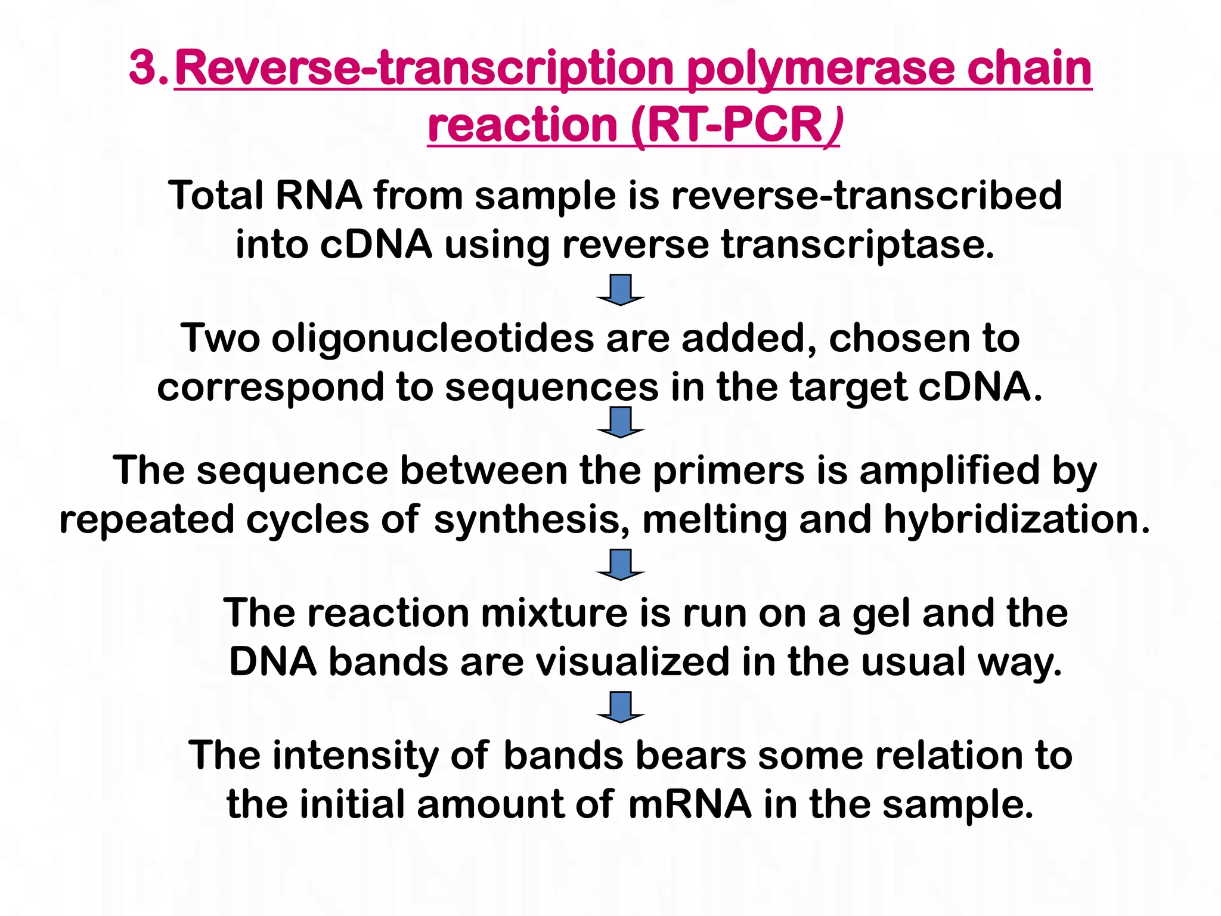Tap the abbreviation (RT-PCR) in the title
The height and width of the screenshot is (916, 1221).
pyautogui.click(x=736, y=126)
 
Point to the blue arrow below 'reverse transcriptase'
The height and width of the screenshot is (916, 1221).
pyautogui.click(x=621, y=290)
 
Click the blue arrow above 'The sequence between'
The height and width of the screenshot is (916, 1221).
pyautogui.click(x=621, y=422)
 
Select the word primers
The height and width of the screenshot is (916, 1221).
pyautogui.click(x=729, y=471)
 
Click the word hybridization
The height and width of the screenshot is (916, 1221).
pyautogui.click(x=1017, y=519)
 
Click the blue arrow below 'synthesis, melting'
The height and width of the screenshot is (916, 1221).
pyautogui.click(x=621, y=565)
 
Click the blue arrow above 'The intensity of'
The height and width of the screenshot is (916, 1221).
pyautogui.click(x=621, y=707)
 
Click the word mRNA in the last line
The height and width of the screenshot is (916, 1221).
pyautogui.click(x=690, y=805)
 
